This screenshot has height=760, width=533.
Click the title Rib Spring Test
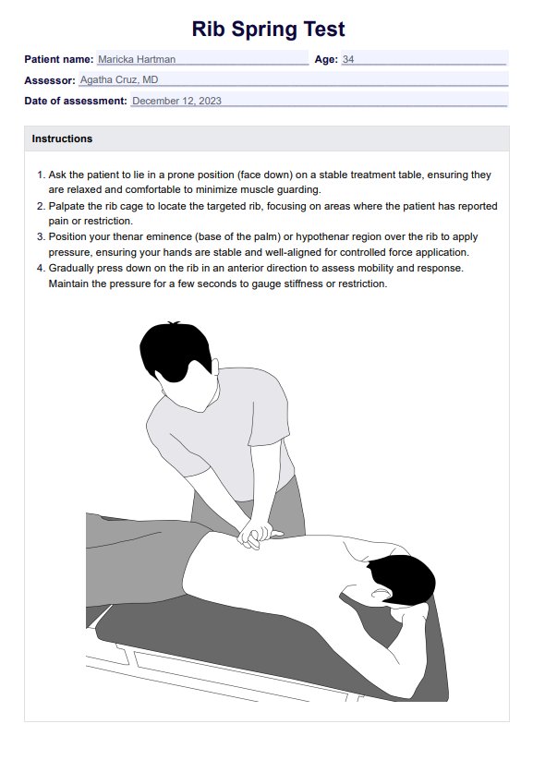point(268,29)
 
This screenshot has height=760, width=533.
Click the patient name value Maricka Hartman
point(137,60)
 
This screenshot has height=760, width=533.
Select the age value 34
point(348,60)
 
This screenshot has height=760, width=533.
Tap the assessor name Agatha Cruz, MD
point(119,80)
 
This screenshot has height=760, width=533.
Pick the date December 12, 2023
point(176,101)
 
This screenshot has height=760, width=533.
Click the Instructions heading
point(62,139)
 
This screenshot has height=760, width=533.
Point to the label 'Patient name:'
point(59,60)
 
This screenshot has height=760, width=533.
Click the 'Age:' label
point(326,60)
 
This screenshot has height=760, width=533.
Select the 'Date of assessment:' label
point(76,101)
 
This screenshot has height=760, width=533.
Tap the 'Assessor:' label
point(50,80)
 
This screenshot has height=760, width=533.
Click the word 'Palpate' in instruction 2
point(67,206)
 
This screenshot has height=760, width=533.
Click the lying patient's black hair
point(404,579)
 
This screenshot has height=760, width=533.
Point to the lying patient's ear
point(381,592)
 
